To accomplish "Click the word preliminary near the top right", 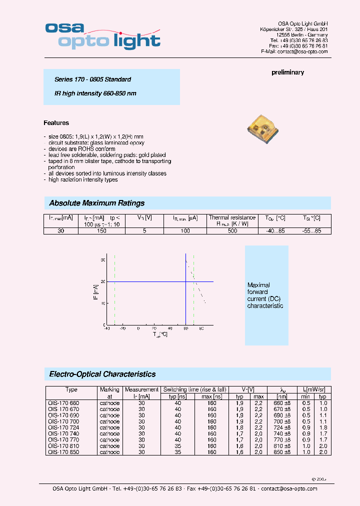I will click(287, 72).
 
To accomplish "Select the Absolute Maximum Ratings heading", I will click(96, 203).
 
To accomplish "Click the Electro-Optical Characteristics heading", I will click(102, 374).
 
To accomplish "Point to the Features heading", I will click(56, 123).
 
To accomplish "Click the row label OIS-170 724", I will click(63, 427).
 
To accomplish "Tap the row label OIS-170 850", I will click(63, 452).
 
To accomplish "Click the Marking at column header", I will click(109, 392).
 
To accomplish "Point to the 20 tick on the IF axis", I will click(102, 281).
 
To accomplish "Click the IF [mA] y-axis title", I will click(95, 292).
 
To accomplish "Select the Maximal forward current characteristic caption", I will click(265, 295).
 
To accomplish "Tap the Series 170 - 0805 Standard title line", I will click(92, 79).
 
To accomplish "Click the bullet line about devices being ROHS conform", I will click(81, 149).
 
